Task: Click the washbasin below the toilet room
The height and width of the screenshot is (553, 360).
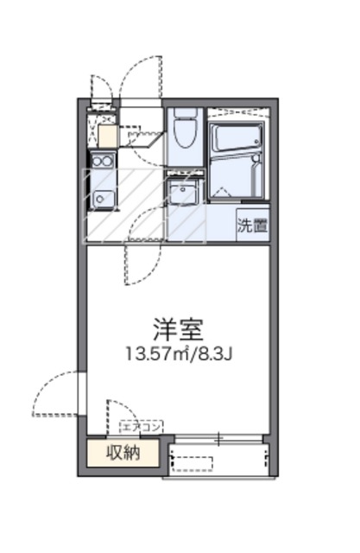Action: coord(184,191)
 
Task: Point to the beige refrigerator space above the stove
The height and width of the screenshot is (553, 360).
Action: coord(107,136)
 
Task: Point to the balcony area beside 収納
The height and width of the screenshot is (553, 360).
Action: coord(219,457)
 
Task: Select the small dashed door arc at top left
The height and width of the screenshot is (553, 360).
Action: coord(101,86)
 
